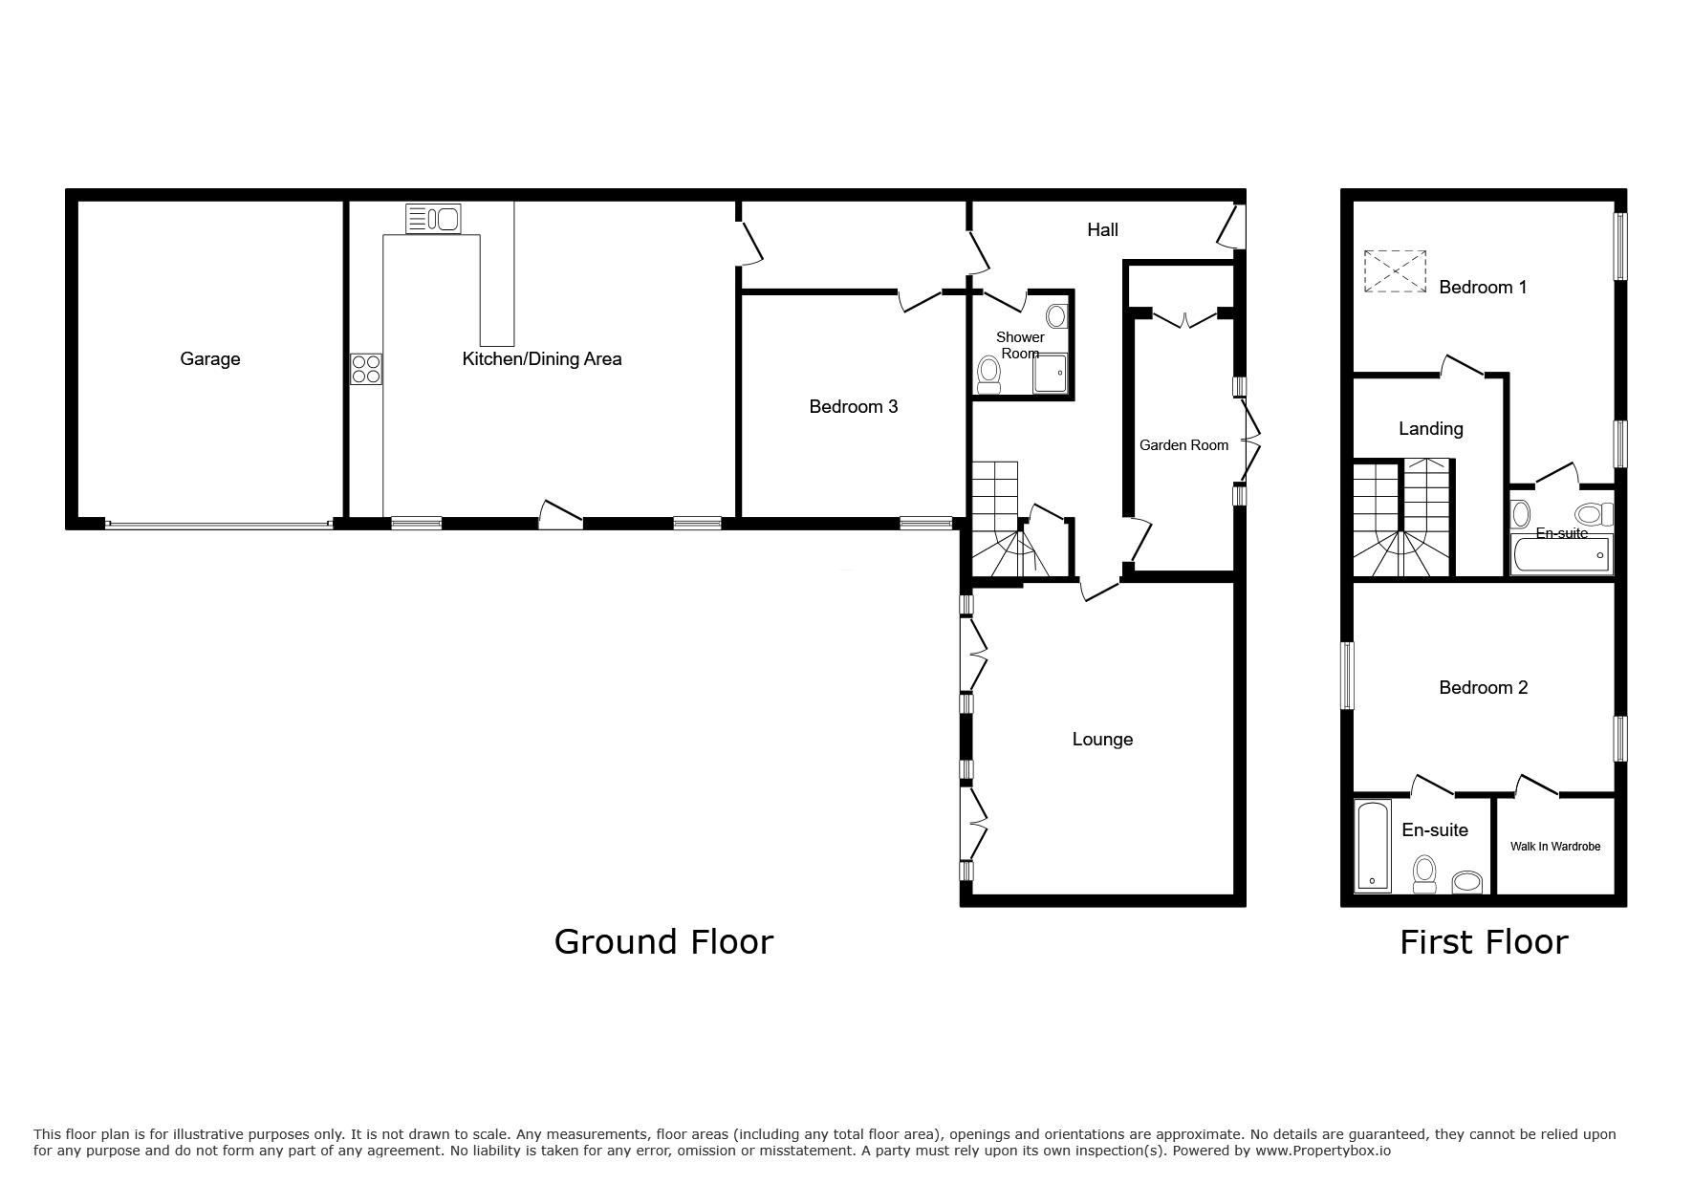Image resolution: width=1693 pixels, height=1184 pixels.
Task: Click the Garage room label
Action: pyautogui.click(x=209, y=359)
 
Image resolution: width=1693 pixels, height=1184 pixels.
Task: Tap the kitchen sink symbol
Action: pyautogui.click(x=433, y=219)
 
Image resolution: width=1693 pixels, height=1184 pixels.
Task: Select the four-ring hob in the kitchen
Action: pyautogui.click(x=366, y=369)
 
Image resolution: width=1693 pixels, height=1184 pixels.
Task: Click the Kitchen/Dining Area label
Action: pyautogui.click(x=542, y=359)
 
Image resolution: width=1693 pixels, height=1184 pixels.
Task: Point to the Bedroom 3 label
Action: pyautogui.click(x=853, y=407)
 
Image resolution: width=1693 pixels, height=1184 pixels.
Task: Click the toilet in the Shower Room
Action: pyautogui.click(x=989, y=375)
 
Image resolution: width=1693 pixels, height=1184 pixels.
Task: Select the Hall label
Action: pyautogui.click(x=1102, y=229)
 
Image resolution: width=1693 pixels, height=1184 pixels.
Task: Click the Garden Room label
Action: pyautogui.click(x=1183, y=445)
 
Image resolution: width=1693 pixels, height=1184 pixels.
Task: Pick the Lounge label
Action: pyautogui.click(x=1102, y=740)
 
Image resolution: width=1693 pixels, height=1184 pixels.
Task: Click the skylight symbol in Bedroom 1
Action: pyautogui.click(x=1395, y=271)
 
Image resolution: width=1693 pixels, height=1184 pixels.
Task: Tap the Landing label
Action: pyautogui.click(x=1430, y=429)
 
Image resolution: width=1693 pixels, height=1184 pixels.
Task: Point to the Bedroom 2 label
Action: pyautogui.click(x=1483, y=688)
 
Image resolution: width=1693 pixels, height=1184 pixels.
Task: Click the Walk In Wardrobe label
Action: pyautogui.click(x=1554, y=847)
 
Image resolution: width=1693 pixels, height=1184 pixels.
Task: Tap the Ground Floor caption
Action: pyautogui.click(x=663, y=942)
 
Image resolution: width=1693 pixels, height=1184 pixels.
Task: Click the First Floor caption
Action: pyautogui.click(x=1484, y=942)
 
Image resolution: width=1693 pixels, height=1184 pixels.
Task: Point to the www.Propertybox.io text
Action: pyautogui.click(x=1322, y=1151)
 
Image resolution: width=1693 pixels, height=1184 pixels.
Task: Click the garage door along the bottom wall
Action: pyautogui.click(x=219, y=524)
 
